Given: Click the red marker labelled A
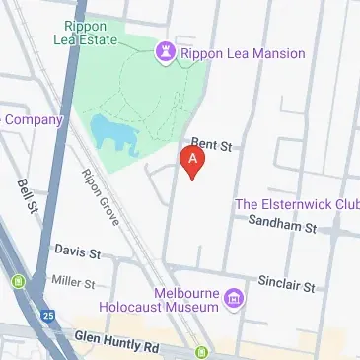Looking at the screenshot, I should pos(194,161).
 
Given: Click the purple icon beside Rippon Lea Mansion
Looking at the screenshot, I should pos(165,49).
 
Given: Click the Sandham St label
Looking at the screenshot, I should pos(281,227).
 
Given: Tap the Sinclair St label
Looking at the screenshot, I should pos(286,286).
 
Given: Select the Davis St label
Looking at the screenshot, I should pos(78,252).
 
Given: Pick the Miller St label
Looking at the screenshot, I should pos(74,282).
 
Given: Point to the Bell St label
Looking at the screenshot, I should pos(27,197).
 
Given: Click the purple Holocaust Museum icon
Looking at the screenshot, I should pos(234,297).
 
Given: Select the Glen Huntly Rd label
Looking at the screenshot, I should pos(116,342).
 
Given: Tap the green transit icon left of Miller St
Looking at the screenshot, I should pos(19,284).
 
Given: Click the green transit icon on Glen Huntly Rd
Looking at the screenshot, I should pos(201,352).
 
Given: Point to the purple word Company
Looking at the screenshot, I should pos(34,120).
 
